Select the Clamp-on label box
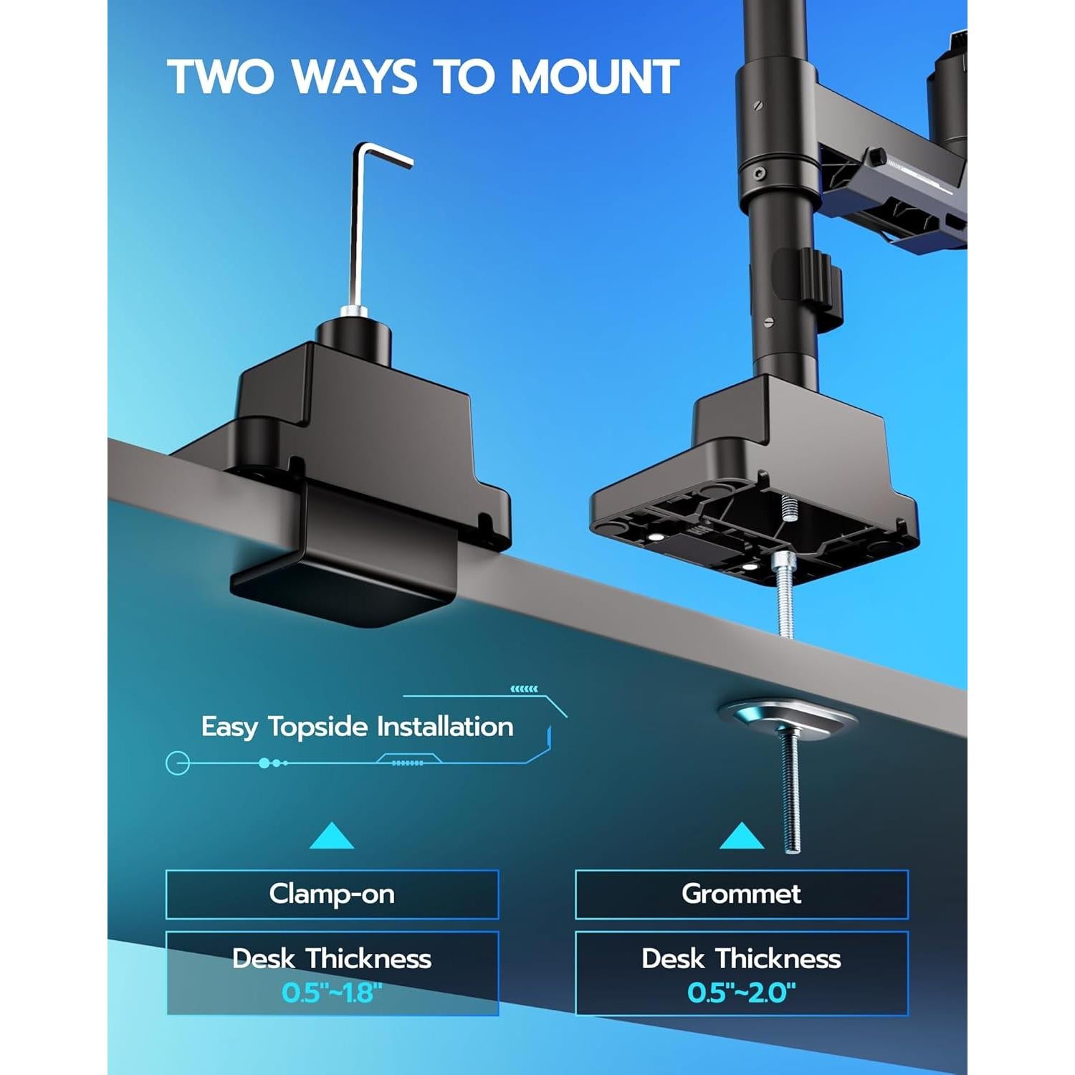coord(332,894)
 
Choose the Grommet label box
coord(741,894)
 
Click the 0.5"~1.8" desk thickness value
coord(332,993)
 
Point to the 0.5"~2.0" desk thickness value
coord(741,993)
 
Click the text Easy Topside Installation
coord(357,727)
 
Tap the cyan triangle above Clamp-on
coord(332,836)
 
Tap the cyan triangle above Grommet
coord(741,836)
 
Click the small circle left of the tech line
coord(178,763)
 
